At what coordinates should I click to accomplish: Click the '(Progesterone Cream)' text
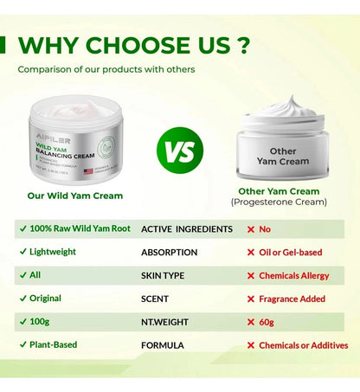tap(279, 202)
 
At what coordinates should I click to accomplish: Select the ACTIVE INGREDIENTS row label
tap(186, 229)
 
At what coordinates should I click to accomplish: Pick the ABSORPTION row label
tap(169, 253)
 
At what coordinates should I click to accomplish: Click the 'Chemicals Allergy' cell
tap(294, 276)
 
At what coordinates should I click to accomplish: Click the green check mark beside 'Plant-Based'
tap(21, 345)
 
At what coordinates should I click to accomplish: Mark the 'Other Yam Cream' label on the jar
tap(277, 156)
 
